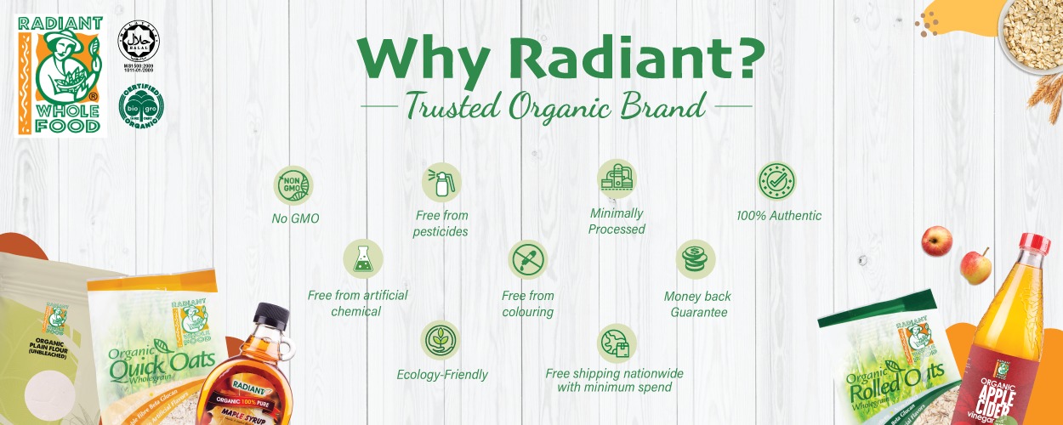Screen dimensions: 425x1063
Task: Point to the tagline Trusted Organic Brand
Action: click(554, 106)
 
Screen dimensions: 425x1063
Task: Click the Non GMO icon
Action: click(293, 185)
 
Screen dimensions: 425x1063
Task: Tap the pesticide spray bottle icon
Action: click(442, 179)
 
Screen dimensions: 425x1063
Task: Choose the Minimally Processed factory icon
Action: click(617, 178)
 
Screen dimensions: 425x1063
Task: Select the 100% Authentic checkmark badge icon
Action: click(777, 181)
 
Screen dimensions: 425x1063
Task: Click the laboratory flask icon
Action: click(363, 258)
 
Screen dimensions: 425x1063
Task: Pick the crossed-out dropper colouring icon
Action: click(527, 258)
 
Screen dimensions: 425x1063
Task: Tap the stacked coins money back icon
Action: click(696, 258)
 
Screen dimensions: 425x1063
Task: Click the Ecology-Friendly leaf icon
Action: click(441, 339)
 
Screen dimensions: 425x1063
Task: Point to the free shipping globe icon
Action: click(615, 341)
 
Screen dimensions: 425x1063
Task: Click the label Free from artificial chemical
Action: click(357, 303)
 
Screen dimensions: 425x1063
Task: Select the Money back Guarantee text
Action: click(698, 304)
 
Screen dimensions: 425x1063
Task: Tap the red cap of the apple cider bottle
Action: click(1035, 245)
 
